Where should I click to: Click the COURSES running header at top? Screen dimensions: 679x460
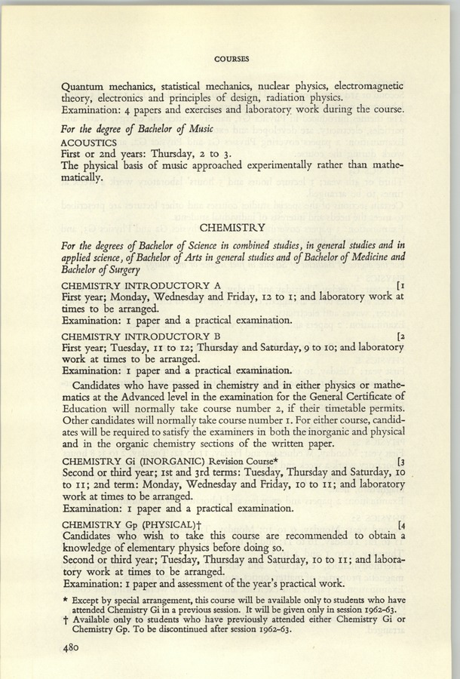click(232, 56)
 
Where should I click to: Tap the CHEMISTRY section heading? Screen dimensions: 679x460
click(232, 225)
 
